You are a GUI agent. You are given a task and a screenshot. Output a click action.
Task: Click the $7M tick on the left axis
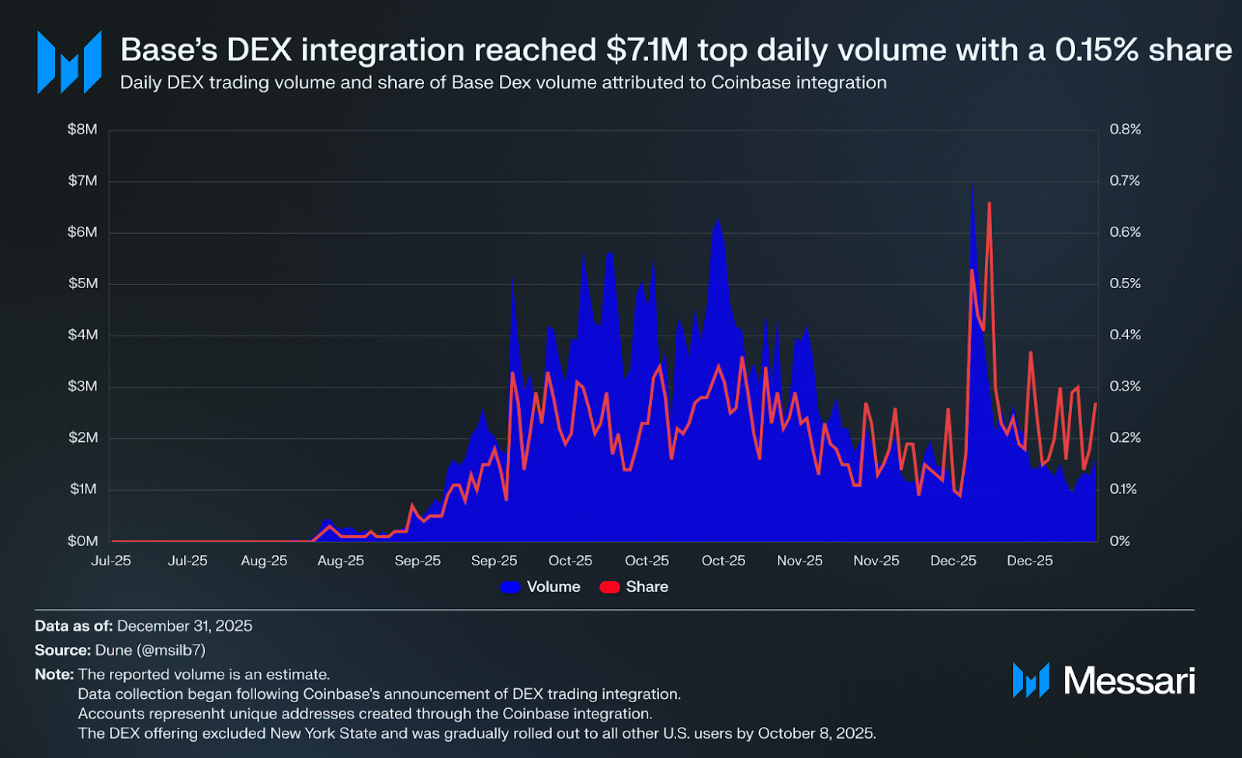coord(82,181)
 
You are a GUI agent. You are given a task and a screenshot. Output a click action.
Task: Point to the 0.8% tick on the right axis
coord(1125,130)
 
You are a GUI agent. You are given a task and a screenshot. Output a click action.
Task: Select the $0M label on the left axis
coord(82,541)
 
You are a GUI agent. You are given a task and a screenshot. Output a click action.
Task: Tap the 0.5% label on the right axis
coord(1125,283)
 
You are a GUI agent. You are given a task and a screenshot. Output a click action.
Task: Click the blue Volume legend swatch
coord(510,587)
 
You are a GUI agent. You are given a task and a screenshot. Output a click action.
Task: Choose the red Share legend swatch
coord(609,587)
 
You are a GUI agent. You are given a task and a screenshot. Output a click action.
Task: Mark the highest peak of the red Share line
coord(989,203)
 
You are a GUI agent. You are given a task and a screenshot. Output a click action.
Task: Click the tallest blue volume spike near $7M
coord(972,183)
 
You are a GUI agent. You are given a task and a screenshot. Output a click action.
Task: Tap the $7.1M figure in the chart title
coord(647,50)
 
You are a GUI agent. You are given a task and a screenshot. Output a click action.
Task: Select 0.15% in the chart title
coord(1097,50)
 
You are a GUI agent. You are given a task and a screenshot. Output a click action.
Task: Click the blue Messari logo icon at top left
coord(69,62)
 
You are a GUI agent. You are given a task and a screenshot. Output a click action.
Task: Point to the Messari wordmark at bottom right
coord(1129,681)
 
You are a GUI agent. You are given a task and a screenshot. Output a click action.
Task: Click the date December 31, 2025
coord(185,626)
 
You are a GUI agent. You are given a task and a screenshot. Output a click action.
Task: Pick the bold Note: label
coord(54,674)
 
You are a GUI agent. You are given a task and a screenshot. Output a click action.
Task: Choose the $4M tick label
coord(82,335)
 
